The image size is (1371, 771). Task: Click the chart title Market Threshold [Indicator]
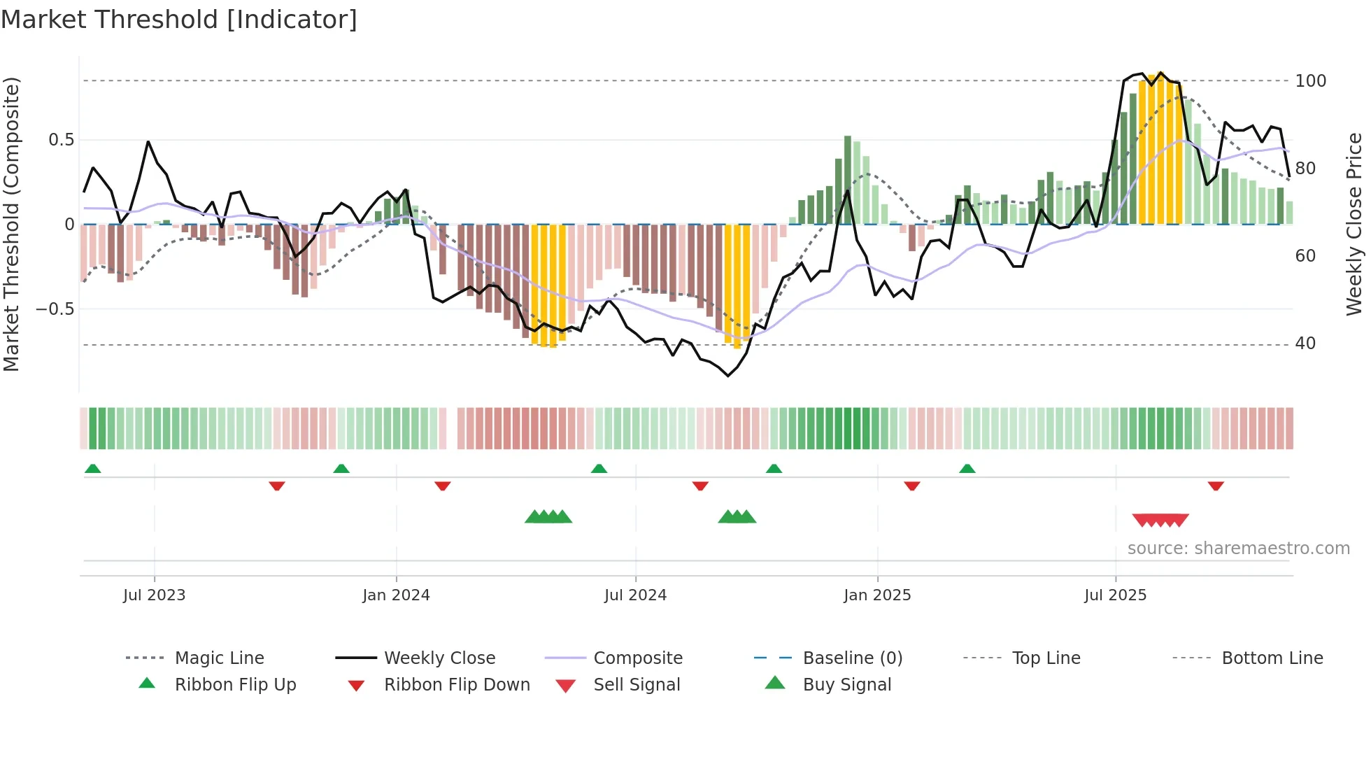click(x=179, y=20)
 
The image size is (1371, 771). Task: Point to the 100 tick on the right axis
click(x=1310, y=81)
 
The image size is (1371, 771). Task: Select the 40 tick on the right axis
click(x=1305, y=344)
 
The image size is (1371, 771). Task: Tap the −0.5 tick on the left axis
click(x=55, y=309)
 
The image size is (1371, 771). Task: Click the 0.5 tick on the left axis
click(x=61, y=140)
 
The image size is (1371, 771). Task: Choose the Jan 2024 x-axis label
click(x=396, y=595)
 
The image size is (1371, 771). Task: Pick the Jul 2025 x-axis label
click(x=1115, y=595)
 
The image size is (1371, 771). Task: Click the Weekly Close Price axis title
click(x=1354, y=224)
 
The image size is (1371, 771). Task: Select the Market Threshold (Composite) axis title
click(x=11, y=224)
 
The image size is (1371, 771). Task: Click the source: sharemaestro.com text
click(x=1238, y=549)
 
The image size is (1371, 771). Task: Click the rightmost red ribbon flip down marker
click(x=1216, y=486)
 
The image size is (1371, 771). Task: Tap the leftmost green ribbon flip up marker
click(x=92, y=469)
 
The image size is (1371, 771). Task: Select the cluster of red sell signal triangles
click(x=1160, y=520)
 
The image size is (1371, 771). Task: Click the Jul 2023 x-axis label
click(x=154, y=595)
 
